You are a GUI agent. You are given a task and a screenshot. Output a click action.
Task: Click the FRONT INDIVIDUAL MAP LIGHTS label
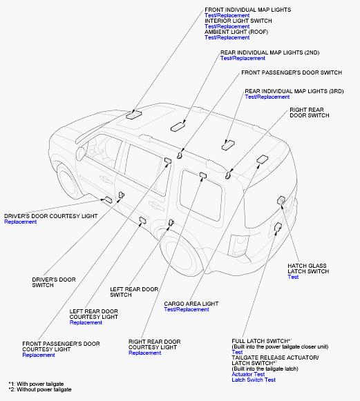(x=247, y=10)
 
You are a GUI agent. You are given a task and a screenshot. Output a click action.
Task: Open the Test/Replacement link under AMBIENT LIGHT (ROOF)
(x=227, y=37)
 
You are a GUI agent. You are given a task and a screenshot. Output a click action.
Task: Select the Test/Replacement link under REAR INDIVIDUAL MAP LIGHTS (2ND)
(x=243, y=58)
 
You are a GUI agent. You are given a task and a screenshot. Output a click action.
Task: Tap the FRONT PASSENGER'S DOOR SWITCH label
(x=292, y=72)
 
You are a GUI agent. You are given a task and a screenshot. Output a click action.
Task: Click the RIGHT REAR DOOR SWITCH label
(x=310, y=113)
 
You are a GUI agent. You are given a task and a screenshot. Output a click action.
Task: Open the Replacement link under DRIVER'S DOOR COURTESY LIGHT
(x=21, y=222)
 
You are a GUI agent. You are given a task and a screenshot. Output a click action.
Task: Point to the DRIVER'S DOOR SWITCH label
(x=54, y=282)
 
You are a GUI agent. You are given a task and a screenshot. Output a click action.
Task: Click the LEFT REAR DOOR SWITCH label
(x=134, y=292)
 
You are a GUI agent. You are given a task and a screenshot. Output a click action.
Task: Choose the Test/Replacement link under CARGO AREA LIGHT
(x=187, y=309)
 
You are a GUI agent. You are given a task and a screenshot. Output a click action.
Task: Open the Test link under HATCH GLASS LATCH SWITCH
(x=293, y=277)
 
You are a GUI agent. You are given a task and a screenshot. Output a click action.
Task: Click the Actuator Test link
(x=248, y=374)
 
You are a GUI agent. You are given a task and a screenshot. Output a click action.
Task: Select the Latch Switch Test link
(x=254, y=380)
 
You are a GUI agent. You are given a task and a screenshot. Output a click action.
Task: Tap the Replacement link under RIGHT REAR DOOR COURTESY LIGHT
(x=144, y=353)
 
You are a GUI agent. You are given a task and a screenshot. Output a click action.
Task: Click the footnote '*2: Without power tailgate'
(x=40, y=389)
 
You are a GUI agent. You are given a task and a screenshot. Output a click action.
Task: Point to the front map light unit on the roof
(x=133, y=115)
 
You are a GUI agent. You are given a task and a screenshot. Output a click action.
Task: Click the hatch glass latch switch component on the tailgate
(x=281, y=200)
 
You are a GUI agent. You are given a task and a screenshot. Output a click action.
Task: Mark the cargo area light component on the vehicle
(x=263, y=159)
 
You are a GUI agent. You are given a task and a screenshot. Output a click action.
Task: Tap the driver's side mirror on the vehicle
(x=80, y=154)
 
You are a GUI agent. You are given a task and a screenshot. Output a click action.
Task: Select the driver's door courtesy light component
(x=108, y=199)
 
